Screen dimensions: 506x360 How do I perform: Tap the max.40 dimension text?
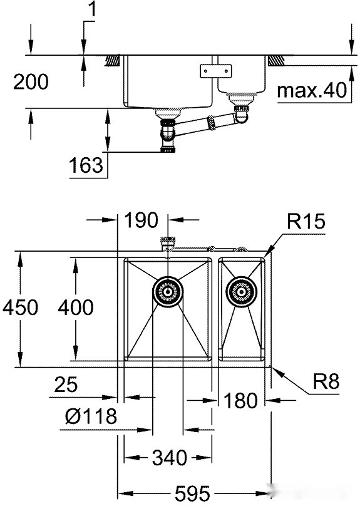click(x=311, y=91)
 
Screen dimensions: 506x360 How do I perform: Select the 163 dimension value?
click(x=86, y=165)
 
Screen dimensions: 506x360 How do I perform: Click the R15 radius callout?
click(x=306, y=222)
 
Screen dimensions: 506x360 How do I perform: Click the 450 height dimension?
click(x=19, y=307)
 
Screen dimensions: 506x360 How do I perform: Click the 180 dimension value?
click(x=240, y=400)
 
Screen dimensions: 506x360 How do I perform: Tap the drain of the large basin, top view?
click(x=168, y=291)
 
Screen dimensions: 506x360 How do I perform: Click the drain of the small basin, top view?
click(x=241, y=291)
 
